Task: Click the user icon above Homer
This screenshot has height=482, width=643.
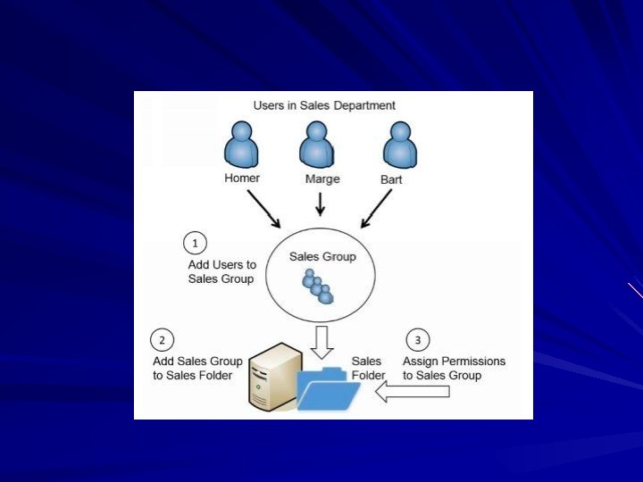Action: click(241, 145)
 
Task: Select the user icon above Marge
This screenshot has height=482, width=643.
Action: click(316, 145)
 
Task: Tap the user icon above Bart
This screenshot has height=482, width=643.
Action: click(399, 145)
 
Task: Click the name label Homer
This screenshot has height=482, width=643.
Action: click(241, 178)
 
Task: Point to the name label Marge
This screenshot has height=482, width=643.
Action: click(321, 179)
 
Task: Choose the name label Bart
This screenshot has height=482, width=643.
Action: click(391, 179)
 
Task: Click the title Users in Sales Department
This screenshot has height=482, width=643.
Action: click(324, 105)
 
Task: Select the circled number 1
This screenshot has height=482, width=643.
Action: click(195, 243)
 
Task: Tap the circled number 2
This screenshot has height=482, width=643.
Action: click(162, 340)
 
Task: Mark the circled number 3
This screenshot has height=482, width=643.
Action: click(417, 340)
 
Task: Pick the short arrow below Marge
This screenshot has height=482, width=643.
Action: click(320, 204)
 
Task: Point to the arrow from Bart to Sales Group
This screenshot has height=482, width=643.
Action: click(376, 209)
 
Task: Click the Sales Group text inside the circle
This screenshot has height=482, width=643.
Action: click(322, 257)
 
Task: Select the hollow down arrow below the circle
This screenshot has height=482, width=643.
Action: click(322, 341)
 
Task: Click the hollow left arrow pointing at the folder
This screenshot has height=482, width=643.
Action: click(412, 392)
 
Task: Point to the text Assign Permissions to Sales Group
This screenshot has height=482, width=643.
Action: click(454, 369)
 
